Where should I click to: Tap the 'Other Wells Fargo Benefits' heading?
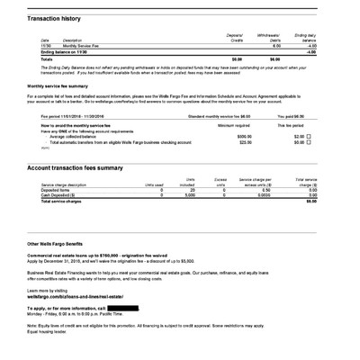coord(62,244)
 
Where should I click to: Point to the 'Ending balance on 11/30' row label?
coord(59,51)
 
